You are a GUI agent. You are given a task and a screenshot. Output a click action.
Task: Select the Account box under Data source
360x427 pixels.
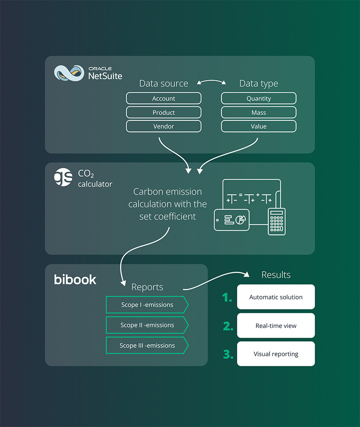coord(163,99)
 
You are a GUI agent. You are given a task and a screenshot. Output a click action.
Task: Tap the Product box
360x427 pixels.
coord(163,113)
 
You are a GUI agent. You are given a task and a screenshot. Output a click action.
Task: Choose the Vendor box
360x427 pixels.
coord(163,126)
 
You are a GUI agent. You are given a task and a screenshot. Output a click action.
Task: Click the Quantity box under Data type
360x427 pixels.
coord(258,99)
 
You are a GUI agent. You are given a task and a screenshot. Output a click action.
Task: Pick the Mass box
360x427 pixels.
coord(258,113)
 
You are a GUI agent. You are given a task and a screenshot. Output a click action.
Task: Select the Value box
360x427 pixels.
coord(258,126)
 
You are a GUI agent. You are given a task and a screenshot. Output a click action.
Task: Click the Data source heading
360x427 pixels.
coord(163,84)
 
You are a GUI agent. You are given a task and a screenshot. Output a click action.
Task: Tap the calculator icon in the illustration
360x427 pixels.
coord(276,221)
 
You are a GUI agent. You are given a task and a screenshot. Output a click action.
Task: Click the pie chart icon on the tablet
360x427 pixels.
coord(241,219)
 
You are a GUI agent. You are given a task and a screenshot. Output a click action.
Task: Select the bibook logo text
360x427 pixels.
coord(75,280)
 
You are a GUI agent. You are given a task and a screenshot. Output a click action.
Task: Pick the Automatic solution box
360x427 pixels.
coord(276,297)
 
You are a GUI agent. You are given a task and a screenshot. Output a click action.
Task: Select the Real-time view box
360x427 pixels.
coord(276,326)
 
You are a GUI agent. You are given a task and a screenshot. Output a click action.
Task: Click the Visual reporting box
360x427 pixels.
coord(276,354)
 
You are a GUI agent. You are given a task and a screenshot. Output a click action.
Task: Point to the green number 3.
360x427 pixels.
coord(228,354)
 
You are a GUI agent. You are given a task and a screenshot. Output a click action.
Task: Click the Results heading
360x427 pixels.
coord(276,275)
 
